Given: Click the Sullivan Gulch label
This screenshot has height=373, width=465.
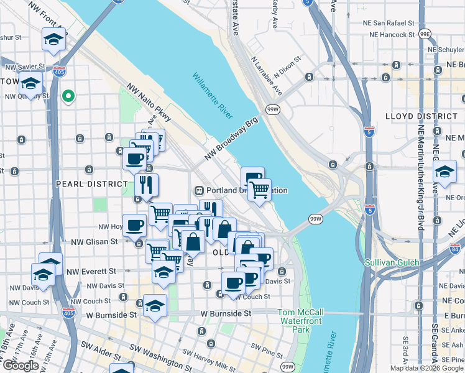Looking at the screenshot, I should click(x=394, y=262).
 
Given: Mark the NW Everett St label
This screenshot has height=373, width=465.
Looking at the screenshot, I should click(x=91, y=271).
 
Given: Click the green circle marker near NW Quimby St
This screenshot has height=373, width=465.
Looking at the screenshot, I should click(x=69, y=96).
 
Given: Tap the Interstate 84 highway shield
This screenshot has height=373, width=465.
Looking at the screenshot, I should click(x=458, y=249).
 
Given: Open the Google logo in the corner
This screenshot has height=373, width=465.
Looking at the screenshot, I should click(x=21, y=366).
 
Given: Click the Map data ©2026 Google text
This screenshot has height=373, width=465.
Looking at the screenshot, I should click(x=427, y=368).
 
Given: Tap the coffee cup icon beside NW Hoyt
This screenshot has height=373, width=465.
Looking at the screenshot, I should click(x=134, y=225).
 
